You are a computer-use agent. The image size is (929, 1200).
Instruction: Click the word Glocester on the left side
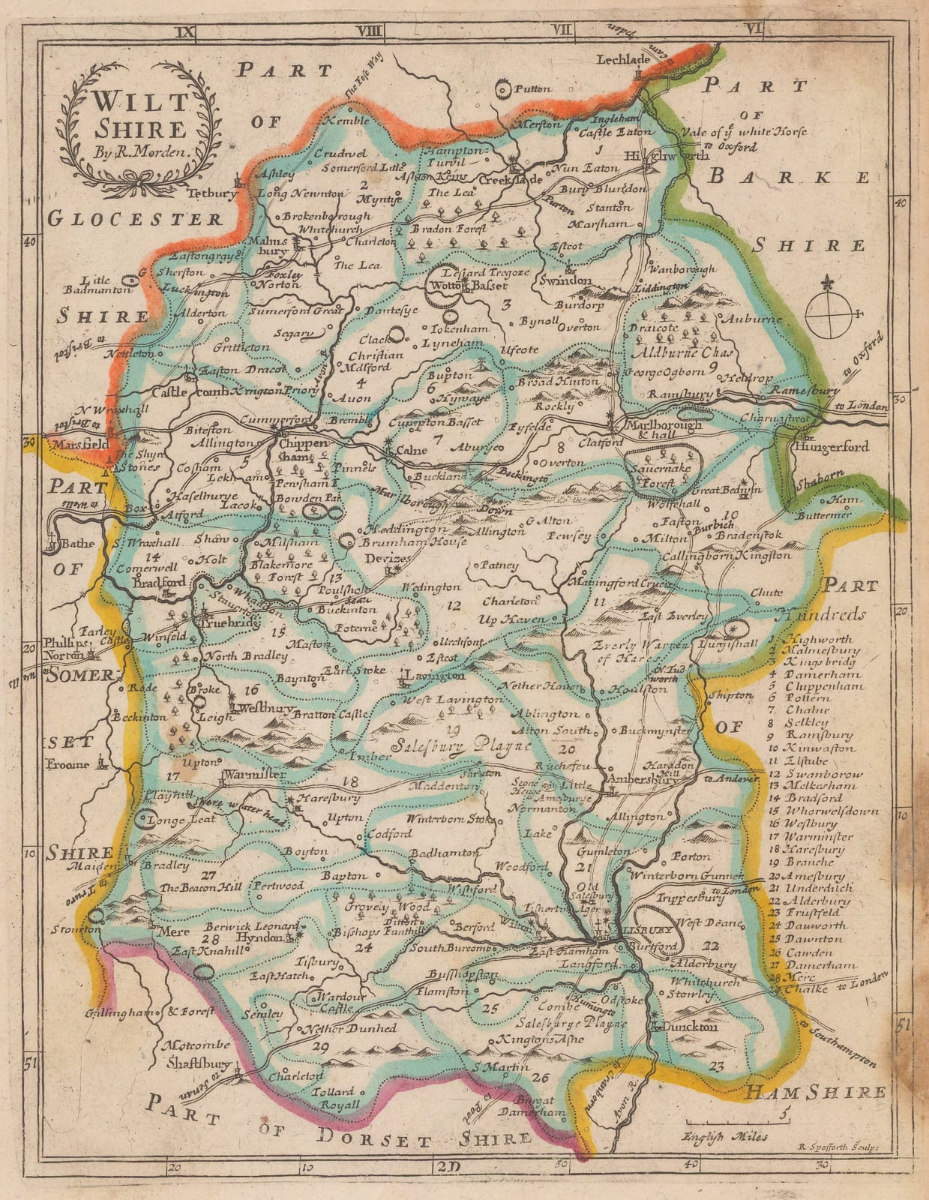point(136,218)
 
